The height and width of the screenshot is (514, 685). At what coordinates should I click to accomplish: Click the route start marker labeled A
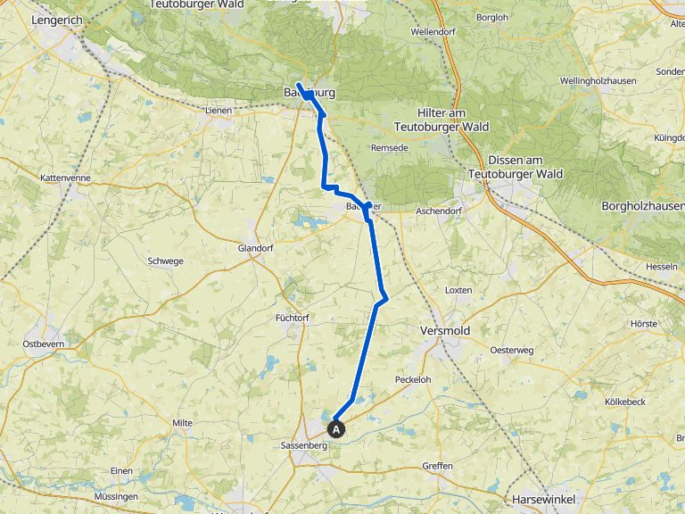(x=337, y=428)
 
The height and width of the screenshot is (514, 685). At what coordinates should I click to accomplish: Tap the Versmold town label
(x=444, y=330)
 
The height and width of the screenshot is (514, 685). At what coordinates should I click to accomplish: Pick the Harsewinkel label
(x=543, y=499)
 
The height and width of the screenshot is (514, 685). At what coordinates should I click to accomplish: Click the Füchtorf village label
(x=293, y=317)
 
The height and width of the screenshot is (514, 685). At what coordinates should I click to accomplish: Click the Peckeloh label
(x=413, y=379)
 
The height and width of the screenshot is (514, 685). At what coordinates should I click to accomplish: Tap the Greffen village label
(x=438, y=466)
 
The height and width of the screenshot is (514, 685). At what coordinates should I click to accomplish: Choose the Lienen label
(x=218, y=111)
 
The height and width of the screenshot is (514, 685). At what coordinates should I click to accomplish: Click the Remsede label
(x=389, y=146)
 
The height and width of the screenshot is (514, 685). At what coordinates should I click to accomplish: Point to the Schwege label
(x=164, y=261)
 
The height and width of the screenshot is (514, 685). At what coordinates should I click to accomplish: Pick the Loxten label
(x=458, y=291)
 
